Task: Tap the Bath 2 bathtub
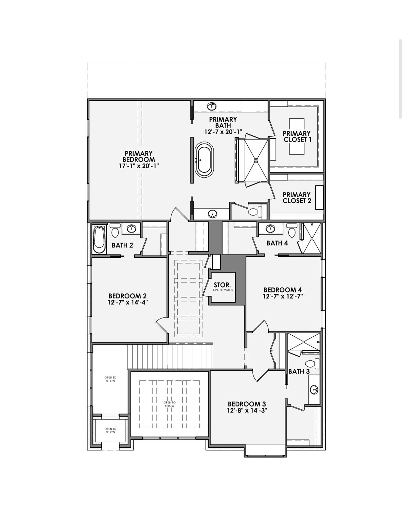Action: pyautogui.click(x=99, y=239)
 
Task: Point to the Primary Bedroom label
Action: pyautogui.click(x=139, y=156)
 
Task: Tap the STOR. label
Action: pyautogui.click(x=222, y=285)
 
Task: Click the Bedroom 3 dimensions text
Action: pyautogui.click(x=247, y=410)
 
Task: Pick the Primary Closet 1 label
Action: pyautogui.click(x=297, y=136)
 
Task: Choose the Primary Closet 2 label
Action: pyautogui.click(x=297, y=198)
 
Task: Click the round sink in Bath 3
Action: pyautogui.click(x=314, y=390)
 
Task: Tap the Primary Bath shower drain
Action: pyautogui.click(x=256, y=160)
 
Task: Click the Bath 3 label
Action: pyautogui.click(x=299, y=371)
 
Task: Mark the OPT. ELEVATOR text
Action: pyautogui.click(x=222, y=290)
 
